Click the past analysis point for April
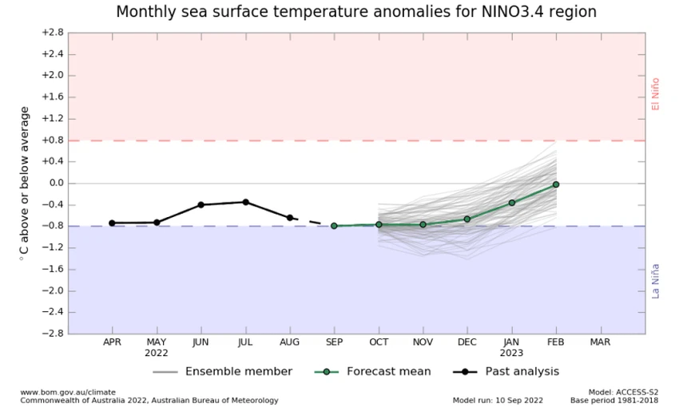(112, 223)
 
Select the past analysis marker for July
(245, 202)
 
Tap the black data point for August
(290, 218)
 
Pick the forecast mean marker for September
(334, 226)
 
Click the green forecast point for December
(467, 219)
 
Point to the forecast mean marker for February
(556, 184)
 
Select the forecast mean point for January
(511, 203)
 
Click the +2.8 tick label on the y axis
(52, 33)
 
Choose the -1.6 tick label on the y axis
(52, 269)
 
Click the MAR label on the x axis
(601, 342)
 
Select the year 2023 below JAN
(511, 352)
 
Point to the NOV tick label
(423, 342)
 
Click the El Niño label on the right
(656, 93)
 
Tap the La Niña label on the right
(656, 280)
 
